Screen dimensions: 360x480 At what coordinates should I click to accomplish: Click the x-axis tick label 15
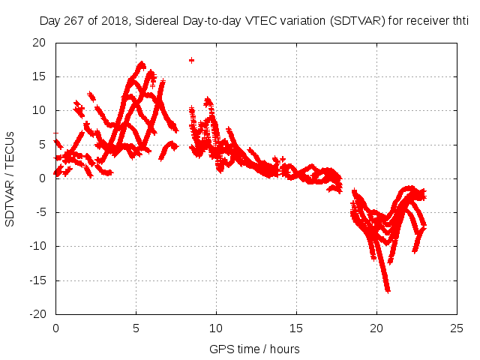[x=296, y=328]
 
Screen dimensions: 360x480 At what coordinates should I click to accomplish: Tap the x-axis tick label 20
[x=376, y=328]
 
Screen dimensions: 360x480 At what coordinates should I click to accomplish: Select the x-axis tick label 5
[x=136, y=328]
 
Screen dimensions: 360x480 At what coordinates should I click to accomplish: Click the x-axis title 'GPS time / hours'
[x=256, y=349]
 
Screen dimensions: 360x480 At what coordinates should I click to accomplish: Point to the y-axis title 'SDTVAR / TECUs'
[x=10, y=178]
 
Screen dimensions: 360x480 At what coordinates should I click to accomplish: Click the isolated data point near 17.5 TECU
[x=191, y=60]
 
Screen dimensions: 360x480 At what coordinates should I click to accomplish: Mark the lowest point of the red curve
[x=387, y=289]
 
